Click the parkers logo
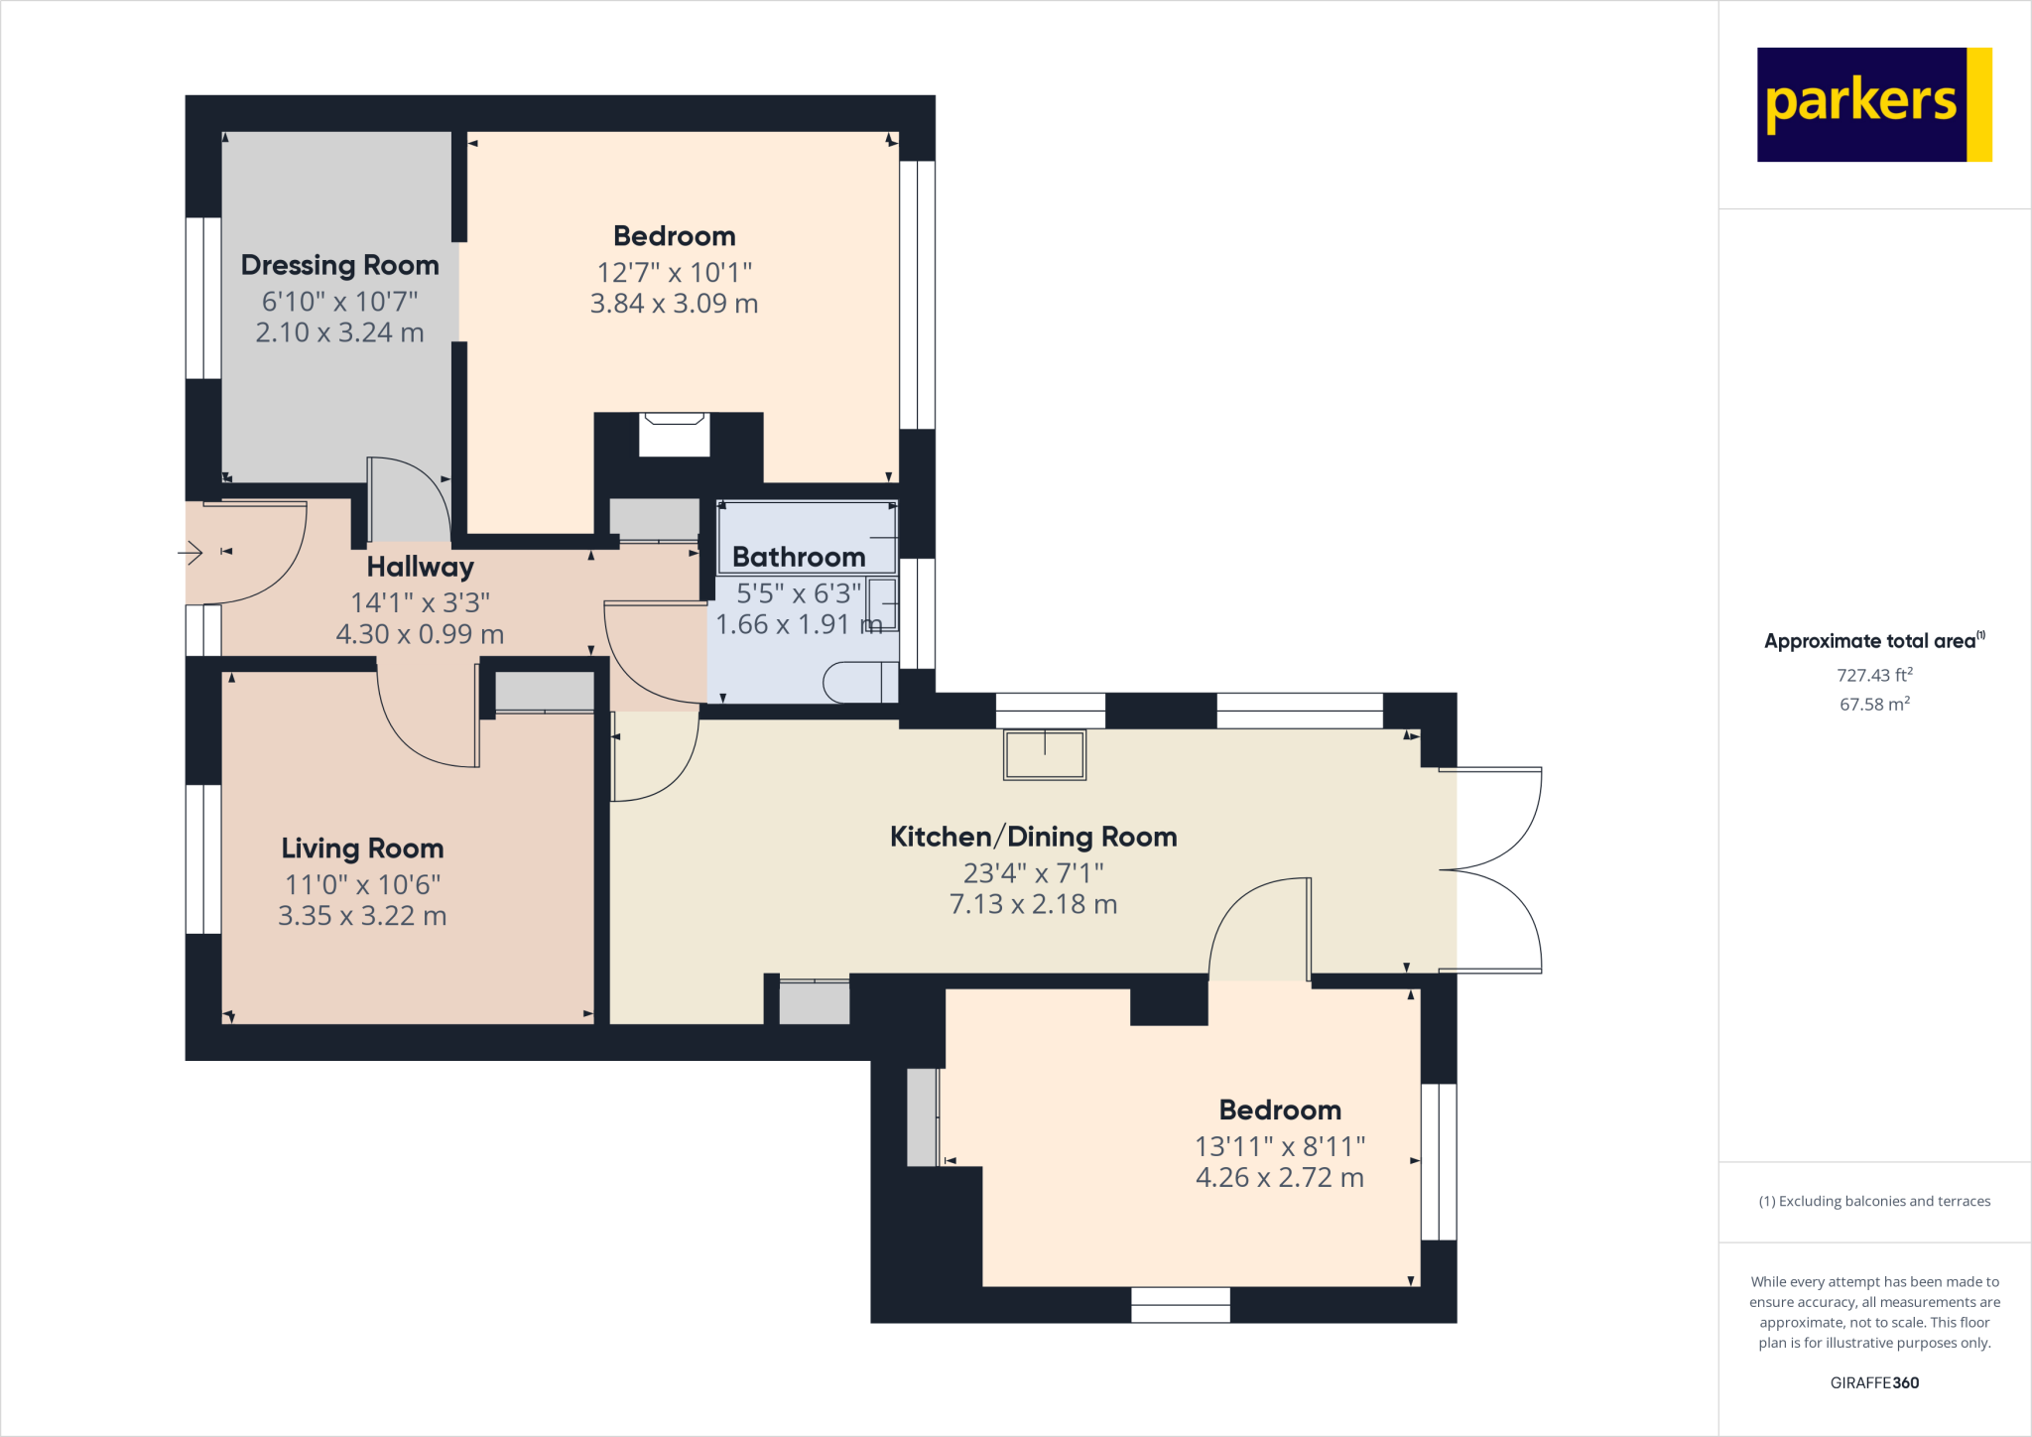(x=1873, y=104)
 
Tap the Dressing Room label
(x=339, y=265)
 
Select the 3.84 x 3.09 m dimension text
(x=674, y=304)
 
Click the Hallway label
(x=420, y=567)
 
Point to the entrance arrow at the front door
(x=190, y=552)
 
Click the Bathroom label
(x=798, y=558)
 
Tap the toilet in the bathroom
(x=859, y=682)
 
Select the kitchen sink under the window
(x=1044, y=755)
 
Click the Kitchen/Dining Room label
(x=1033, y=837)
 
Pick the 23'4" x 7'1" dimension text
(x=1033, y=873)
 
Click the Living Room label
(x=362, y=849)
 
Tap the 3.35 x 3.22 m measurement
(x=362, y=916)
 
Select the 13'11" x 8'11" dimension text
(x=1280, y=1146)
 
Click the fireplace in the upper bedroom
(x=674, y=435)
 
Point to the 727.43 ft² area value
(x=1873, y=675)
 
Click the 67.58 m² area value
(x=1873, y=704)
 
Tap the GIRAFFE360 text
(x=1873, y=1382)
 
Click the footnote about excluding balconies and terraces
(x=1873, y=1201)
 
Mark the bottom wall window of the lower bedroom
(x=1180, y=1304)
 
